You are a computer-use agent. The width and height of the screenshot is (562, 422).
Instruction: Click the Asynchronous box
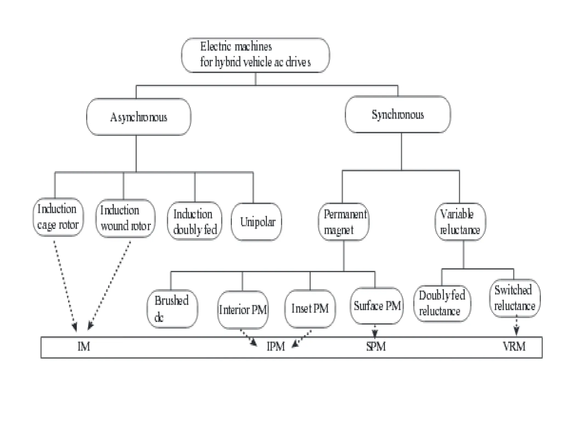pyautogui.click(x=139, y=117)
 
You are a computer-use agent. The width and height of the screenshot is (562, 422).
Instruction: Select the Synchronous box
pyautogui.click(x=398, y=115)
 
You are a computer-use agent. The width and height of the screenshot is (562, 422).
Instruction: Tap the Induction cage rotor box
pyautogui.click(x=58, y=217)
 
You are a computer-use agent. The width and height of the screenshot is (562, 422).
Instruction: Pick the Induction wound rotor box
pyautogui.click(x=125, y=218)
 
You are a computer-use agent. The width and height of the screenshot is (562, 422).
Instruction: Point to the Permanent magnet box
pyautogui.click(x=344, y=222)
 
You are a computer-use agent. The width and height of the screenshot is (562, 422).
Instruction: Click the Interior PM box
pyautogui.click(x=243, y=310)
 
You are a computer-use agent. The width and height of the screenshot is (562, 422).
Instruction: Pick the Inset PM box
pyautogui.click(x=310, y=309)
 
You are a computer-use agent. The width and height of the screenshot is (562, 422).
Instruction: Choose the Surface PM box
pyautogui.click(x=377, y=306)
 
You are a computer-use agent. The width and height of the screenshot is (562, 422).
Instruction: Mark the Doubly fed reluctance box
pyautogui.click(x=442, y=303)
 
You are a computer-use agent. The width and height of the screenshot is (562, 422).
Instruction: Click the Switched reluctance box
pyautogui.click(x=515, y=298)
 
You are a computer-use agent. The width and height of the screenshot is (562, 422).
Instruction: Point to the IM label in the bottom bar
pyautogui.click(x=84, y=347)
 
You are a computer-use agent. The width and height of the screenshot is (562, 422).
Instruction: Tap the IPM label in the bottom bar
pyautogui.click(x=276, y=347)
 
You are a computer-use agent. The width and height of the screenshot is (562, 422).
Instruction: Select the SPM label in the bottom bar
pyautogui.click(x=376, y=347)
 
